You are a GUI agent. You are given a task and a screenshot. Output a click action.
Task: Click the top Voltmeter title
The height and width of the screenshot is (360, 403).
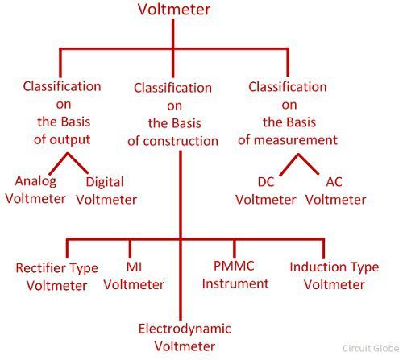click(174, 10)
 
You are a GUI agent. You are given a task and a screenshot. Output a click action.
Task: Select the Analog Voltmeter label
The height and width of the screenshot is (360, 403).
click(35, 190)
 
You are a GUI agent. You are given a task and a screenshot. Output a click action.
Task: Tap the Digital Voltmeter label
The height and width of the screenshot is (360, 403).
click(106, 191)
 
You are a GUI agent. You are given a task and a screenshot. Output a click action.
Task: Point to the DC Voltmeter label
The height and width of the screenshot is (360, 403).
click(266, 191)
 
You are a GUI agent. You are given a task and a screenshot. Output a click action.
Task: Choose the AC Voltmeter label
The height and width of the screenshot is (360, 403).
click(336, 191)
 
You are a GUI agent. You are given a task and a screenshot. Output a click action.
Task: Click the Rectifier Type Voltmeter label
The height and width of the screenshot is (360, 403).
click(56, 276)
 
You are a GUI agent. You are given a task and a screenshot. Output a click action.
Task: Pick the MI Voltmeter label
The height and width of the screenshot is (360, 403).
click(134, 275)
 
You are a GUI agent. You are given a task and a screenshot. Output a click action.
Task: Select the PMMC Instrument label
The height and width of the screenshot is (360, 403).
click(235, 275)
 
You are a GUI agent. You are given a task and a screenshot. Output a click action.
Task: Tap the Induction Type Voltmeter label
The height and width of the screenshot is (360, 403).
click(334, 275)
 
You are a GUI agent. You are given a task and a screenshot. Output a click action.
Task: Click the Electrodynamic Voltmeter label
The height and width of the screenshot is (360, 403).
click(185, 337)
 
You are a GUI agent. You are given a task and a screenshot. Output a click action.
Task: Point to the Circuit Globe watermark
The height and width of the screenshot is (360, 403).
click(371, 348)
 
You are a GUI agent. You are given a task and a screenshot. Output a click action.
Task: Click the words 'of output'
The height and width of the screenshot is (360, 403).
click(62, 140)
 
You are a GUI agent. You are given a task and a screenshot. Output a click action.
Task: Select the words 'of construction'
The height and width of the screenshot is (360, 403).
click(172, 141)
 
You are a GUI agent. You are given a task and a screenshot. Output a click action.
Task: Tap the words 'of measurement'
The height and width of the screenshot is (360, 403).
click(288, 140)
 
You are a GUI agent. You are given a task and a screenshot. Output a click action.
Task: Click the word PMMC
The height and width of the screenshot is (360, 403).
click(234, 266)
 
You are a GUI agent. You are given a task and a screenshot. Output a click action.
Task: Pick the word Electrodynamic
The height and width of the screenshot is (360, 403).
click(185, 329)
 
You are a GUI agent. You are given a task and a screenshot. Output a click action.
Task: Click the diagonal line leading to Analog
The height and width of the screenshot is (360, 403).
click(59, 163)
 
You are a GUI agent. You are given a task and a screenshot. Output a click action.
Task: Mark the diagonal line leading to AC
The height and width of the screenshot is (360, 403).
click(309, 164)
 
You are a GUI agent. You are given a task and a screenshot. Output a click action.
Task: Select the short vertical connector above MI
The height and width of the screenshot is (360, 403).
click(130, 248)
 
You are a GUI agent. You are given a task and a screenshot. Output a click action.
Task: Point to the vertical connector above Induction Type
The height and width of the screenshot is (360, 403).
click(323, 248)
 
